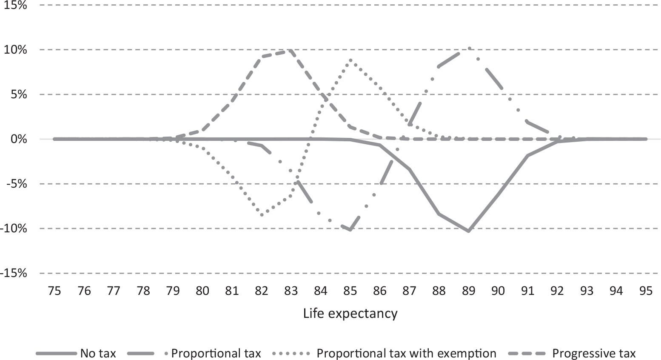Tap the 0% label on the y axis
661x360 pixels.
(18, 139)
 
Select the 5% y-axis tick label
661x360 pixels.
(18, 94)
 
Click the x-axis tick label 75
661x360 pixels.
(54, 291)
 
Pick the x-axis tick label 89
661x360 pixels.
(468, 291)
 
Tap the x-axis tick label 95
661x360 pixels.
(646, 291)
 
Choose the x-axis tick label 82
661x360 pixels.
(261, 291)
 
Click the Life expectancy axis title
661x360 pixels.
(350, 314)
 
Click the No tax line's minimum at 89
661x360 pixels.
(468, 231)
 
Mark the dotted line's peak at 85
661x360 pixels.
(350, 60)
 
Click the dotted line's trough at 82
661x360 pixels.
(262, 215)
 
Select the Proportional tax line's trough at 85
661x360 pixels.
(350, 230)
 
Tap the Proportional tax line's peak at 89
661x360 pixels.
(468, 48)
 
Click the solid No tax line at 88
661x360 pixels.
(439, 214)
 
